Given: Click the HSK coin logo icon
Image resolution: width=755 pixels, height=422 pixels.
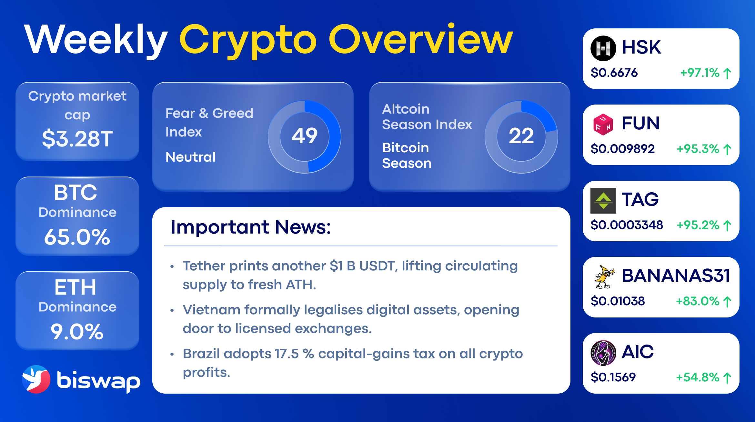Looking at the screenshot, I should click(x=603, y=48).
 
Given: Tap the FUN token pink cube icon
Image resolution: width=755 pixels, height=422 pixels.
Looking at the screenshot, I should click(x=603, y=124).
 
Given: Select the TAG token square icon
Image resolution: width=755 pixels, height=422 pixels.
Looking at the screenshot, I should click(x=603, y=200).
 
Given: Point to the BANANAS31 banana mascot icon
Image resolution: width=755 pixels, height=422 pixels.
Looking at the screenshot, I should click(x=603, y=276).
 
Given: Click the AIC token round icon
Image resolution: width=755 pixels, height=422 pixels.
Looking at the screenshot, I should click(x=603, y=353).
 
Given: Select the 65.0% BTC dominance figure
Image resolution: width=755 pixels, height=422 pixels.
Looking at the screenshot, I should click(x=77, y=237).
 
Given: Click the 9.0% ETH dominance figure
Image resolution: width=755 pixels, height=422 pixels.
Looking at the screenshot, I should click(x=77, y=331).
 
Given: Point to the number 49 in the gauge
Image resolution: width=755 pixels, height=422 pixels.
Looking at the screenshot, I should click(x=304, y=136).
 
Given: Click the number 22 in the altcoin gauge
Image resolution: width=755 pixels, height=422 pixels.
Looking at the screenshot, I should click(x=521, y=136).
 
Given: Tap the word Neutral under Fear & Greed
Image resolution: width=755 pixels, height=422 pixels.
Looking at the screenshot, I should click(x=190, y=157).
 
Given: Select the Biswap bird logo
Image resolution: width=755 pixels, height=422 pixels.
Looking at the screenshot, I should click(x=36, y=379).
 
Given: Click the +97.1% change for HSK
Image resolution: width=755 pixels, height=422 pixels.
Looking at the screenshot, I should click(x=700, y=73).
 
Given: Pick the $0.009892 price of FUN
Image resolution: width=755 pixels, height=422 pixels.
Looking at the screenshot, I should click(x=622, y=149).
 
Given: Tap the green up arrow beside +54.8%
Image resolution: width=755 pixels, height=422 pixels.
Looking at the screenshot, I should click(x=727, y=378).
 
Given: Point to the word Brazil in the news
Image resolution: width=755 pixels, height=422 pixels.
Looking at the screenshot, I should click(x=201, y=354).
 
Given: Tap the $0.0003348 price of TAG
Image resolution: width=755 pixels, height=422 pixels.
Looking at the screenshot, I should click(x=627, y=225).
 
